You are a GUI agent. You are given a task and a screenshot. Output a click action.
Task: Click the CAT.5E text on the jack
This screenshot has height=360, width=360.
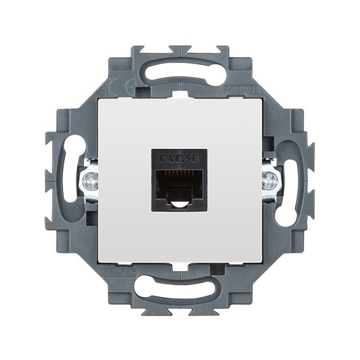(x=179, y=158)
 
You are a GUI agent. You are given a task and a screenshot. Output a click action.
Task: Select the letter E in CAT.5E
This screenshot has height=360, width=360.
(x=197, y=158)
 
